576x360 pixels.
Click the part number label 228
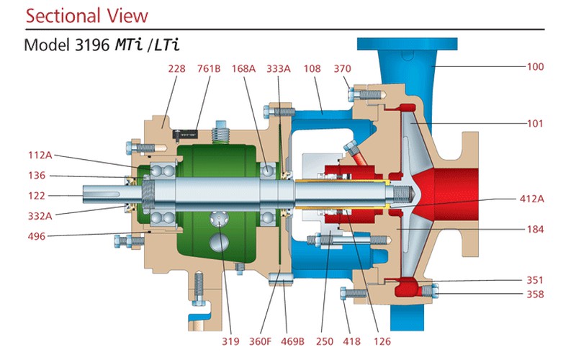tap(176, 68)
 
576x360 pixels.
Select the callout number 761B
tap(208, 68)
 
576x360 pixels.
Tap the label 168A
tap(243, 68)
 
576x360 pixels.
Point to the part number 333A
tap(279, 68)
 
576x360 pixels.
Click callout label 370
tap(343, 68)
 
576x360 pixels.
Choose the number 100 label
tap(535, 67)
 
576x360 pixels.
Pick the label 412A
tap(532, 199)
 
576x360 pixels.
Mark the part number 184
tap(535, 230)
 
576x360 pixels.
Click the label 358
tap(535, 294)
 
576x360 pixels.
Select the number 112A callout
tap(40, 156)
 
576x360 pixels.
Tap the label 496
tap(37, 236)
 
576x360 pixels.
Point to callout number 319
tap(230, 341)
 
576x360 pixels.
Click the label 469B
tap(292, 341)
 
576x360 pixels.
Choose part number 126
tap(382, 341)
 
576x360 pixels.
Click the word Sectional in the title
tap(63, 16)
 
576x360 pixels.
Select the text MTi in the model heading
tap(129, 45)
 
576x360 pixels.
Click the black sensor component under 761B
tap(185, 135)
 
